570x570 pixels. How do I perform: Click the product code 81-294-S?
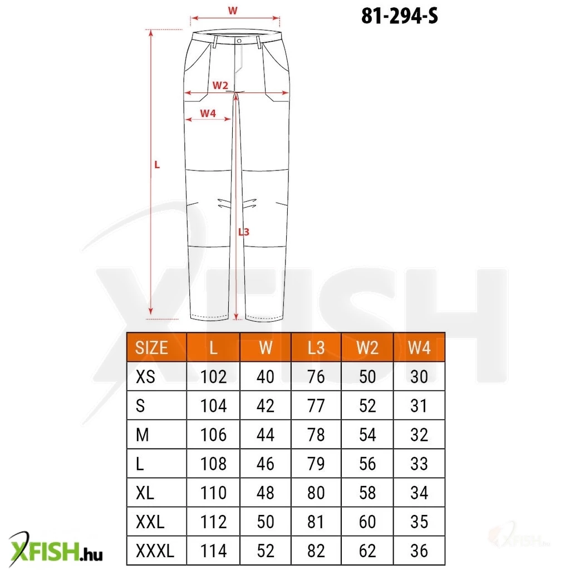click(x=400, y=16)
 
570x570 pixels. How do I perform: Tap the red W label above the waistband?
click(x=233, y=11)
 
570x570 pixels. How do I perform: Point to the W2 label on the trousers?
click(x=220, y=85)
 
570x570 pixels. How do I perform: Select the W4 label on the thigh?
click(x=208, y=114)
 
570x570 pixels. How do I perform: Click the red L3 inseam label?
click(x=244, y=232)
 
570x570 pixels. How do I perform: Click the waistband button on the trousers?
click(x=239, y=41)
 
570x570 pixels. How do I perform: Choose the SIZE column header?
click(x=151, y=348)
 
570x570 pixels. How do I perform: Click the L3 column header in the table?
click(x=316, y=348)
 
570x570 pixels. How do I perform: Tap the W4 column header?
click(x=419, y=348)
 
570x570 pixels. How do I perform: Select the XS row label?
click(x=145, y=377)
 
